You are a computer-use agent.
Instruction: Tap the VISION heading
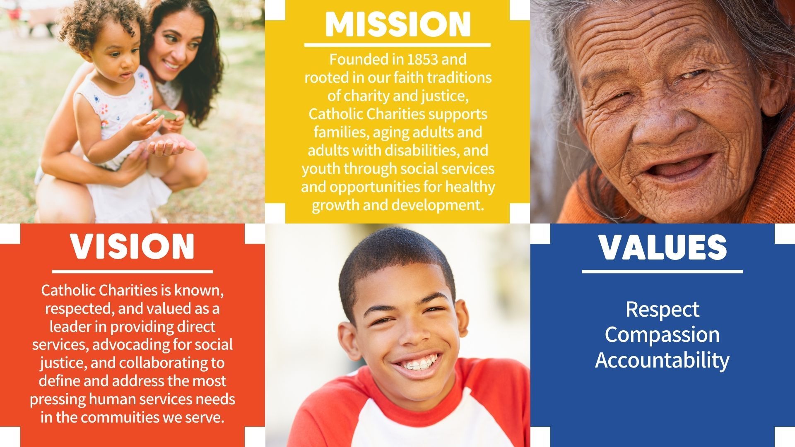(132, 247)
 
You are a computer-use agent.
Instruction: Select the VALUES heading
(662, 247)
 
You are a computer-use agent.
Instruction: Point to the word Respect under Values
(662, 310)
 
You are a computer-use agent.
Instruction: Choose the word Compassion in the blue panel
(662, 334)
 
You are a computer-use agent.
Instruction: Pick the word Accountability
(662, 360)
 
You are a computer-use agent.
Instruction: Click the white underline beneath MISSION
(397, 45)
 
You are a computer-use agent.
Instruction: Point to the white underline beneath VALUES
(662, 272)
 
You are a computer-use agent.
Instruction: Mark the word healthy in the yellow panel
(470, 187)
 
